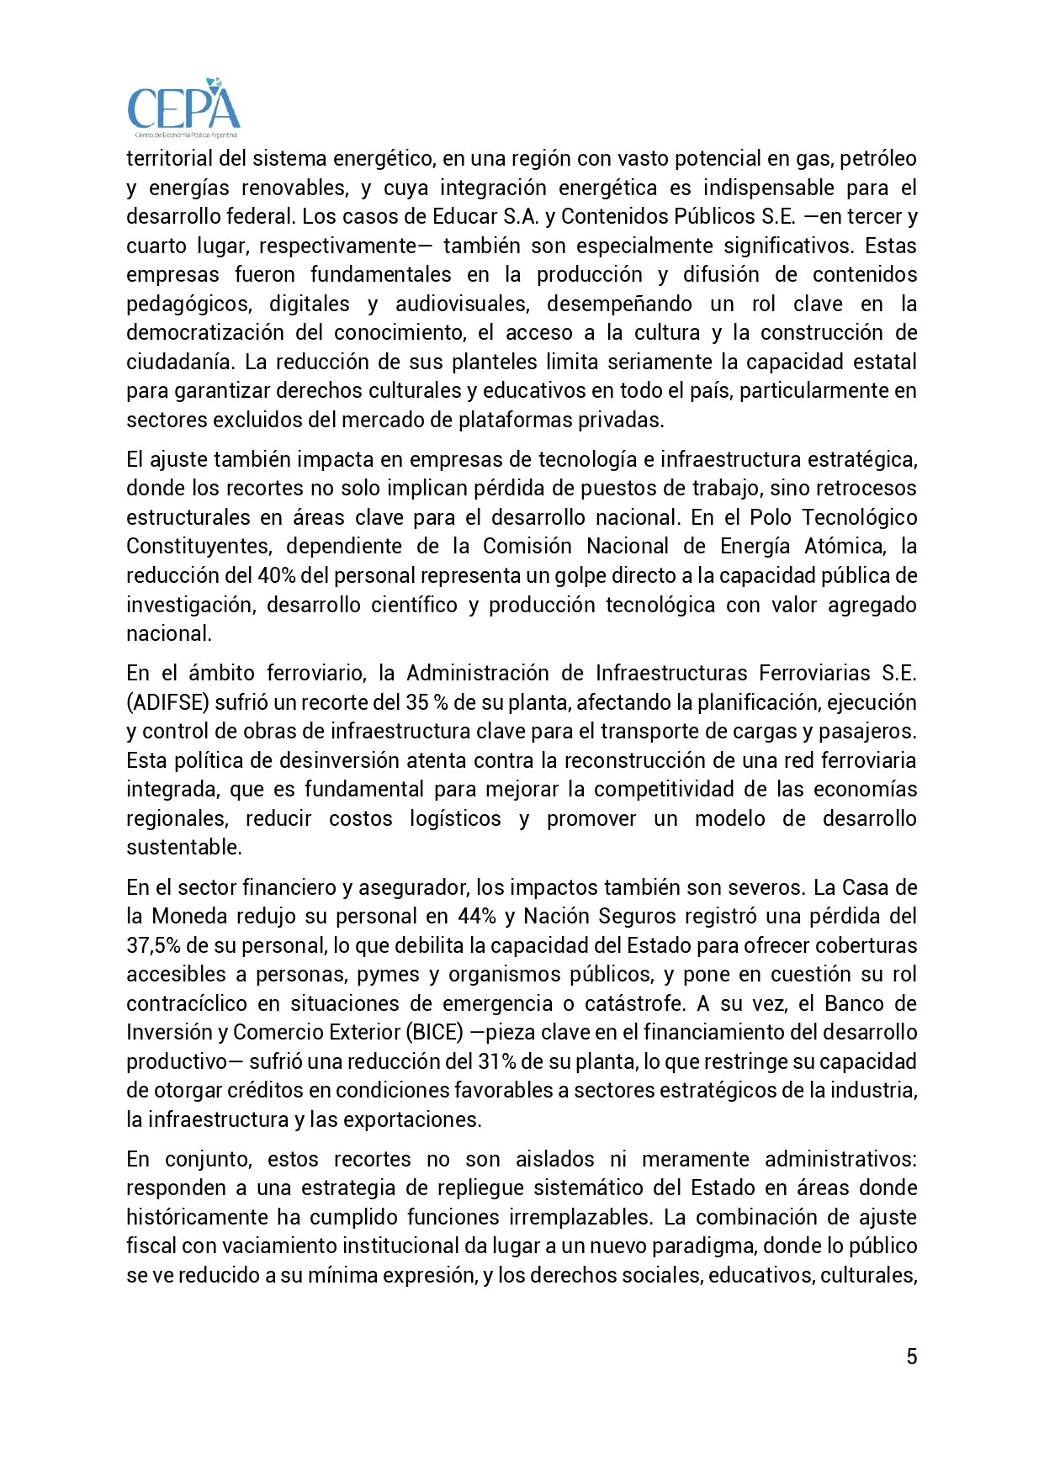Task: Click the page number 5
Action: (x=912, y=1357)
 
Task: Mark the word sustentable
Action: (x=184, y=847)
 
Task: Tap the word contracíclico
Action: (x=187, y=1003)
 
